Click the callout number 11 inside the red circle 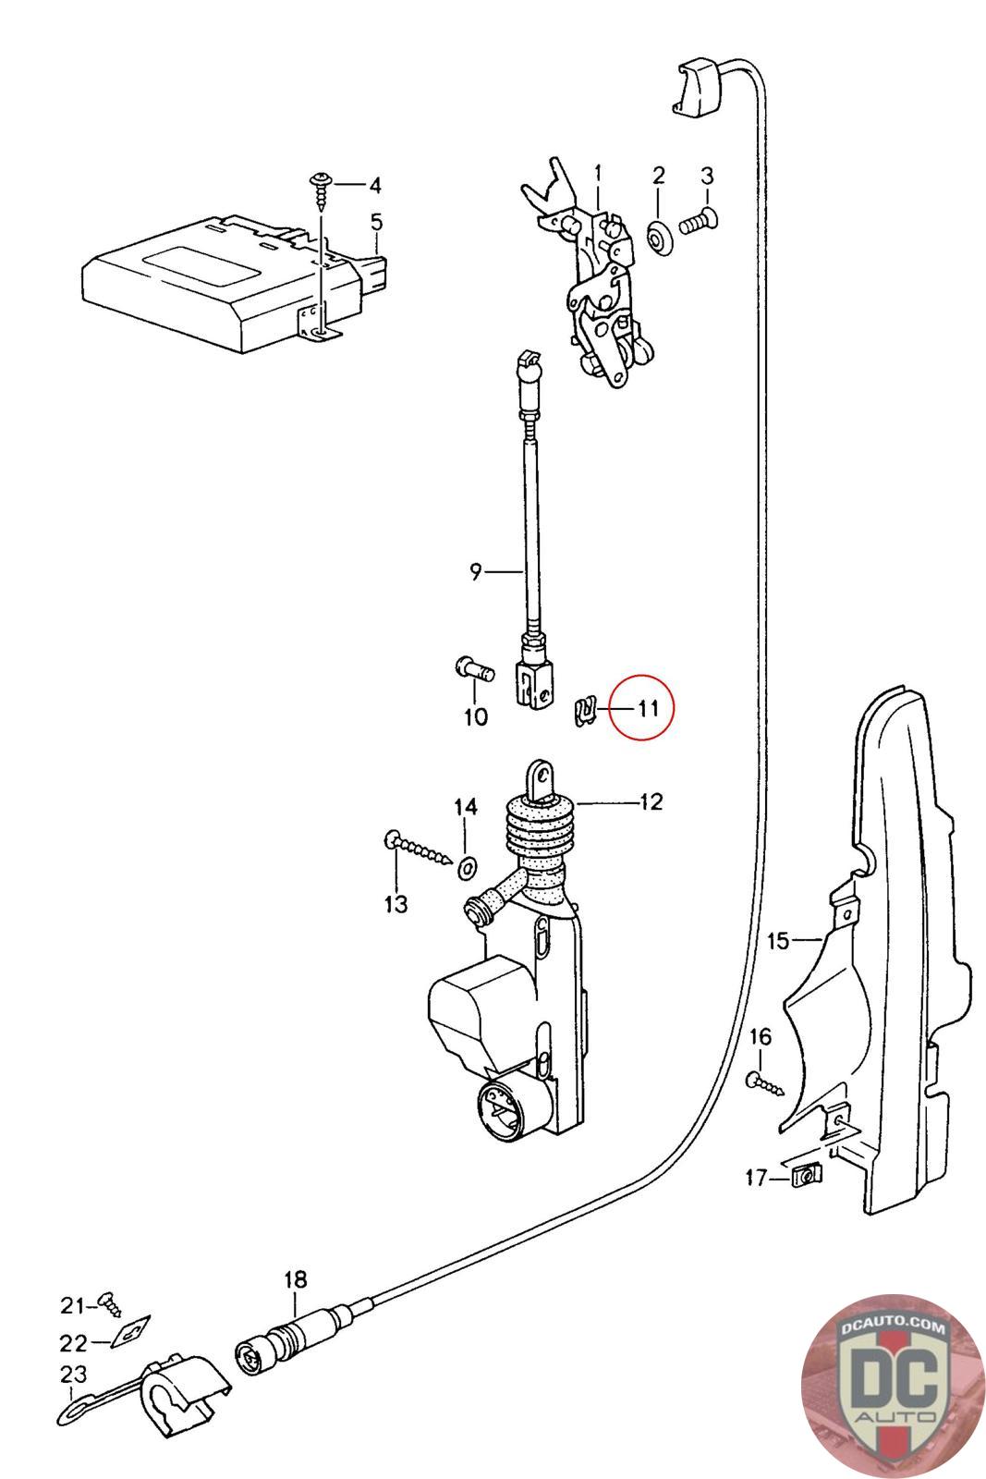[647, 709]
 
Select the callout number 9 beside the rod [475, 572]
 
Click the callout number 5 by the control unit [376, 222]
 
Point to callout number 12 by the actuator [651, 801]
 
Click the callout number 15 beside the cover [778, 941]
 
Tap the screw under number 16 [766, 1082]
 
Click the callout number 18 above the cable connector [295, 1280]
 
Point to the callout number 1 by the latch [598, 173]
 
